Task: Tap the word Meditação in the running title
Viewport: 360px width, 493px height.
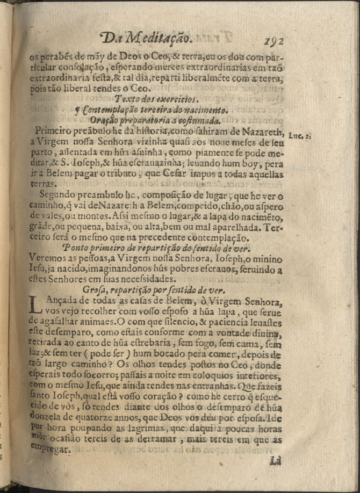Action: [x=162, y=38]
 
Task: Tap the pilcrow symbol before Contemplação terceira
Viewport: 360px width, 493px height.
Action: [x=80, y=110]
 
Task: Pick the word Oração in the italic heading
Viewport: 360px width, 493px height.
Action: [x=103, y=119]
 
